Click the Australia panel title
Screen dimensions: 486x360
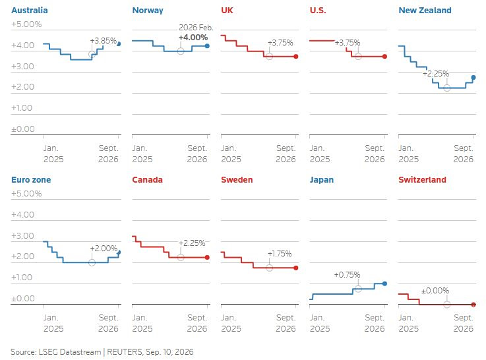[x=30, y=11]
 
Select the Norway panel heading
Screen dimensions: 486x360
[x=148, y=11]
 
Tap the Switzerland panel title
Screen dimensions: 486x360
[x=422, y=180]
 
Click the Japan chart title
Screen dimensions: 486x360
[x=321, y=180]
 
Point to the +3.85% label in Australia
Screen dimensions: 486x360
[x=104, y=41]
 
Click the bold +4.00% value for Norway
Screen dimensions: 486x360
[x=193, y=38]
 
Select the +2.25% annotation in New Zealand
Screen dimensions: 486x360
[x=436, y=74]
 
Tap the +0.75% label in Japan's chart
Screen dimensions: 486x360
[x=347, y=275]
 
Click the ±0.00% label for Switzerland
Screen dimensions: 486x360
[x=435, y=291]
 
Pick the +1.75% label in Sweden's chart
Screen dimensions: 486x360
[x=280, y=254]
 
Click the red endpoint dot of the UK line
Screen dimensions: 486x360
[x=296, y=57]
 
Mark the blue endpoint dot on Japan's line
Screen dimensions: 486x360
[x=384, y=284]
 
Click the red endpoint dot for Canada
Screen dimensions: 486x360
[x=207, y=257]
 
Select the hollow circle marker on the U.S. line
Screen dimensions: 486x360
[x=358, y=57]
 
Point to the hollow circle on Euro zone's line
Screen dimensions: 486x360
[x=92, y=262]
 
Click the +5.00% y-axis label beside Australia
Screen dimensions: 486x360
[x=26, y=24]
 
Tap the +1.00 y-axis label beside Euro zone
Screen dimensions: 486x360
[x=22, y=278]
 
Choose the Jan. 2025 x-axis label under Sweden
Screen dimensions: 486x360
[x=231, y=323]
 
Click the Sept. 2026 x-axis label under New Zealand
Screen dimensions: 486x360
[x=464, y=154]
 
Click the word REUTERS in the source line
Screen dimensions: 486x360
[x=124, y=352]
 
